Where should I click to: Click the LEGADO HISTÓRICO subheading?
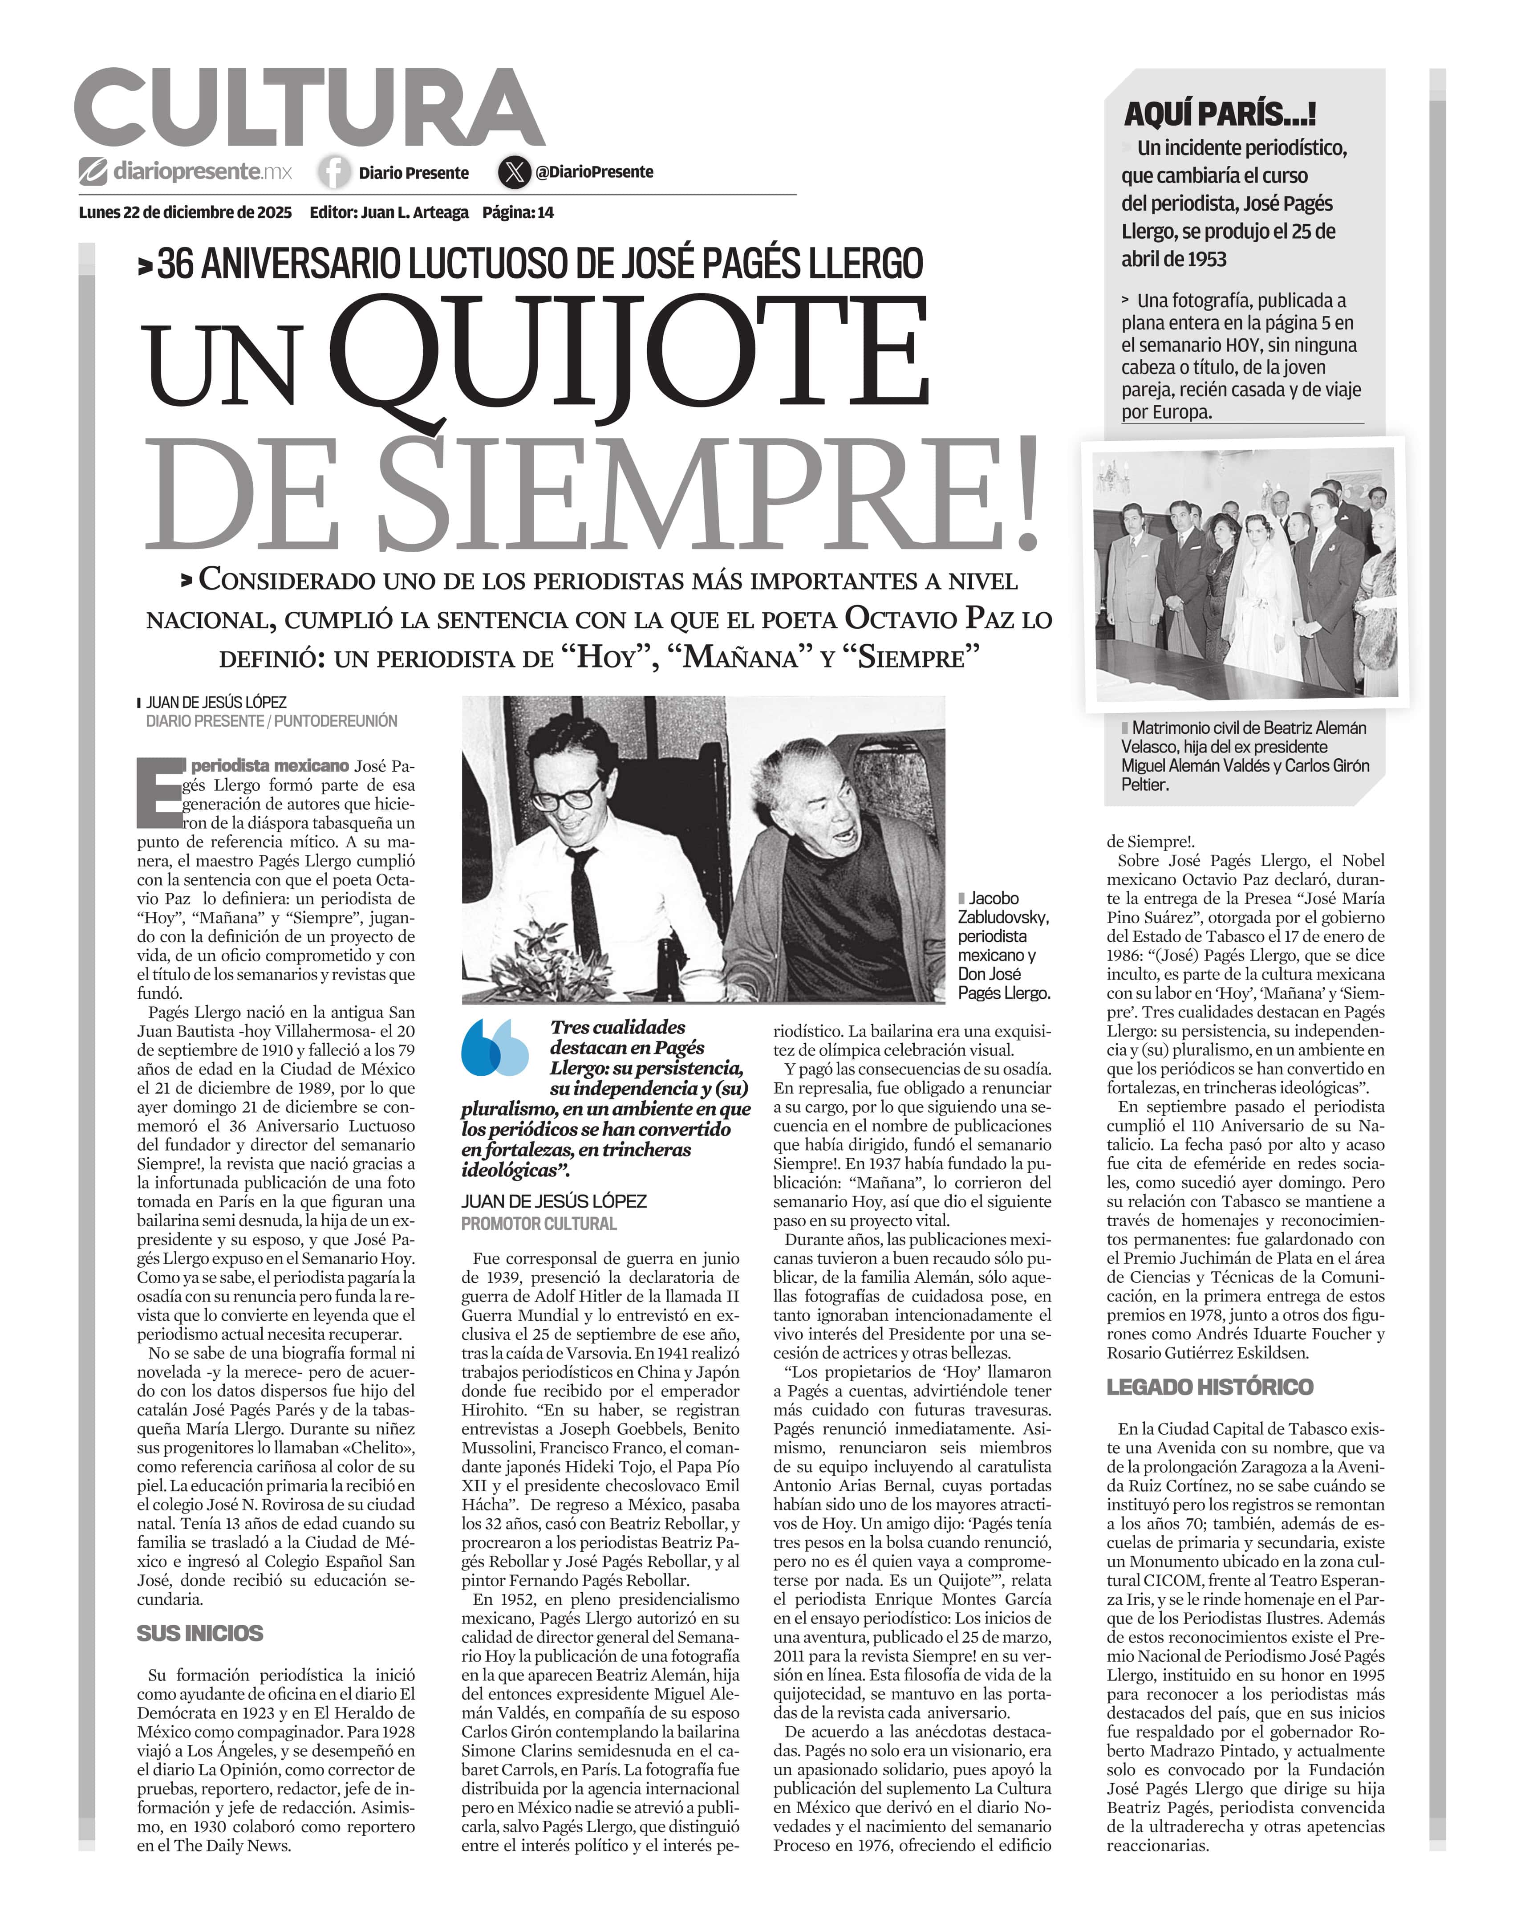pos(1210,1387)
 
